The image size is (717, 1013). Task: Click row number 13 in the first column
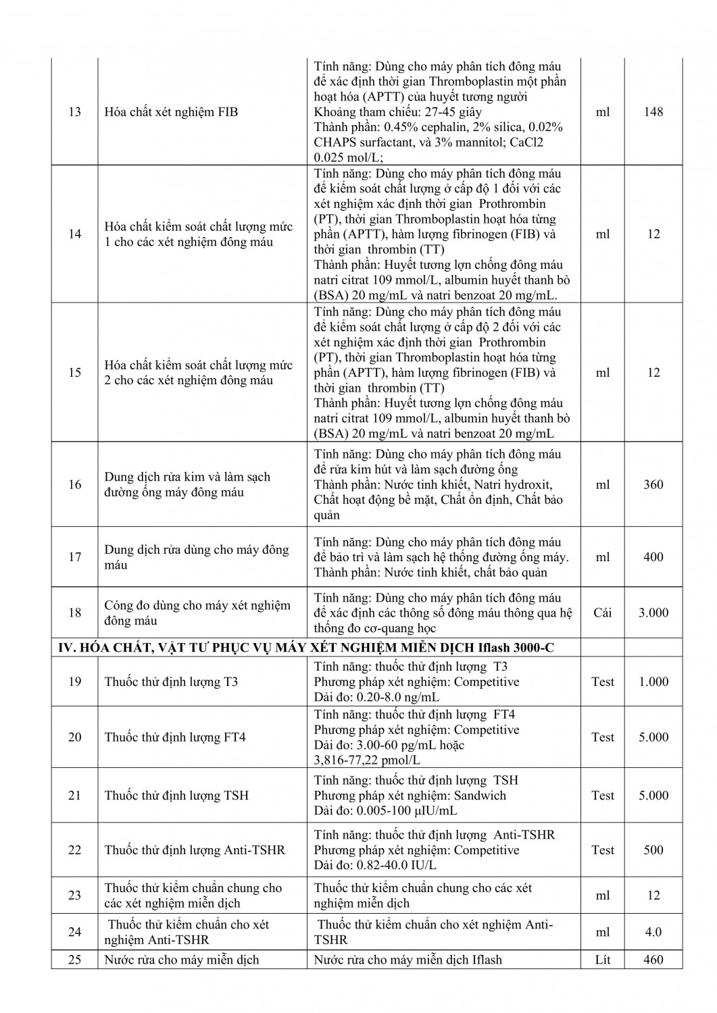pos(75,112)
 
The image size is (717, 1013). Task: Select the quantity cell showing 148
pos(653,112)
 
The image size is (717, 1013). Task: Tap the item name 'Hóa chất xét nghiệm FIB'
pos(171,112)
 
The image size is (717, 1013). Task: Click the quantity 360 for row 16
pos(653,484)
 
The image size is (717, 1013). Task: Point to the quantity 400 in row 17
pos(653,557)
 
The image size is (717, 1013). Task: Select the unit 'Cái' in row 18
pos(603,613)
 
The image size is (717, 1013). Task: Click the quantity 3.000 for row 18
pos(653,613)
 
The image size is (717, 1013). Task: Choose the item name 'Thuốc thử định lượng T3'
pos(171,681)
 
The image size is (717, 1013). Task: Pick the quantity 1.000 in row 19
pos(653,681)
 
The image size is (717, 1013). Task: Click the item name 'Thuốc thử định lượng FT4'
pos(175,737)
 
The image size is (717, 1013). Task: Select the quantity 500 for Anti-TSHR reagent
pos(653,850)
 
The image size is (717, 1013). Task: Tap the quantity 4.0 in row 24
pos(653,932)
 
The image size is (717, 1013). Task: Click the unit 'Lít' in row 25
pos(603,960)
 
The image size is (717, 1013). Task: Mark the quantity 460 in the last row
pos(653,960)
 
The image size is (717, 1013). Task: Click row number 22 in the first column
pos(75,850)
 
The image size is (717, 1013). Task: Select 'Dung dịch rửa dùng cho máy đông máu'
pos(196,557)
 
